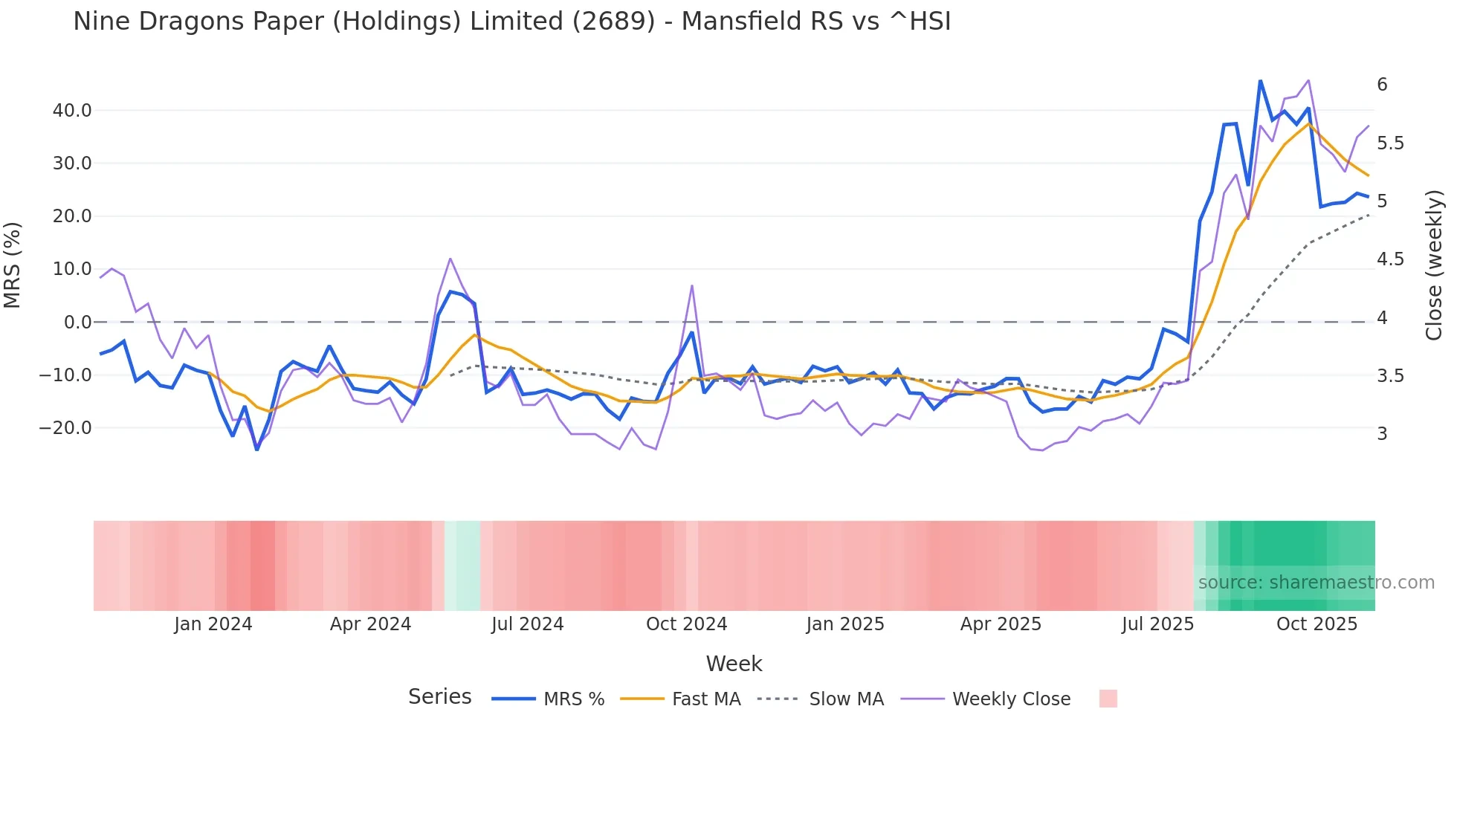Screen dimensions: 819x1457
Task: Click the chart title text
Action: pyautogui.click(x=511, y=22)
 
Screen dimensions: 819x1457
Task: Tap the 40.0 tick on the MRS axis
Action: pyautogui.click(x=72, y=111)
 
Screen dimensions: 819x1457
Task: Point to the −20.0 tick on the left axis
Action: pyautogui.click(x=65, y=428)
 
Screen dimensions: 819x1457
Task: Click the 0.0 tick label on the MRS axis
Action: pyautogui.click(x=78, y=323)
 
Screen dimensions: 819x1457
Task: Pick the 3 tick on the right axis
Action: pyautogui.click(x=1382, y=434)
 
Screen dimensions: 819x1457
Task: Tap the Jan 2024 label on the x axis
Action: pyautogui.click(x=213, y=624)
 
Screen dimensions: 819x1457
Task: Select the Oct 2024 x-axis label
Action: pyautogui.click(x=686, y=624)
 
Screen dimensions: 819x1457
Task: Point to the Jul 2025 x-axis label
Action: pyautogui.click(x=1157, y=624)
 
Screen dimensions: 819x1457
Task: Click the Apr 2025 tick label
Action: pyautogui.click(x=1001, y=624)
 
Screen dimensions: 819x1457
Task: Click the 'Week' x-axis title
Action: pyautogui.click(x=734, y=664)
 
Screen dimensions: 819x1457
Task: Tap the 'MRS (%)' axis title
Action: pyautogui.click(x=12, y=265)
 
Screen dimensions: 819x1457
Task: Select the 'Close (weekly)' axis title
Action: pyautogui.click(x=1434, y=265)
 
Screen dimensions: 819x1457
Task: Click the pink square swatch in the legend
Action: pyautogui.click(x=1108, y=699)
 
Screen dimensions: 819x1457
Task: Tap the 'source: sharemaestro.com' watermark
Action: pyautogui.click(x=1316, y=583)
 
